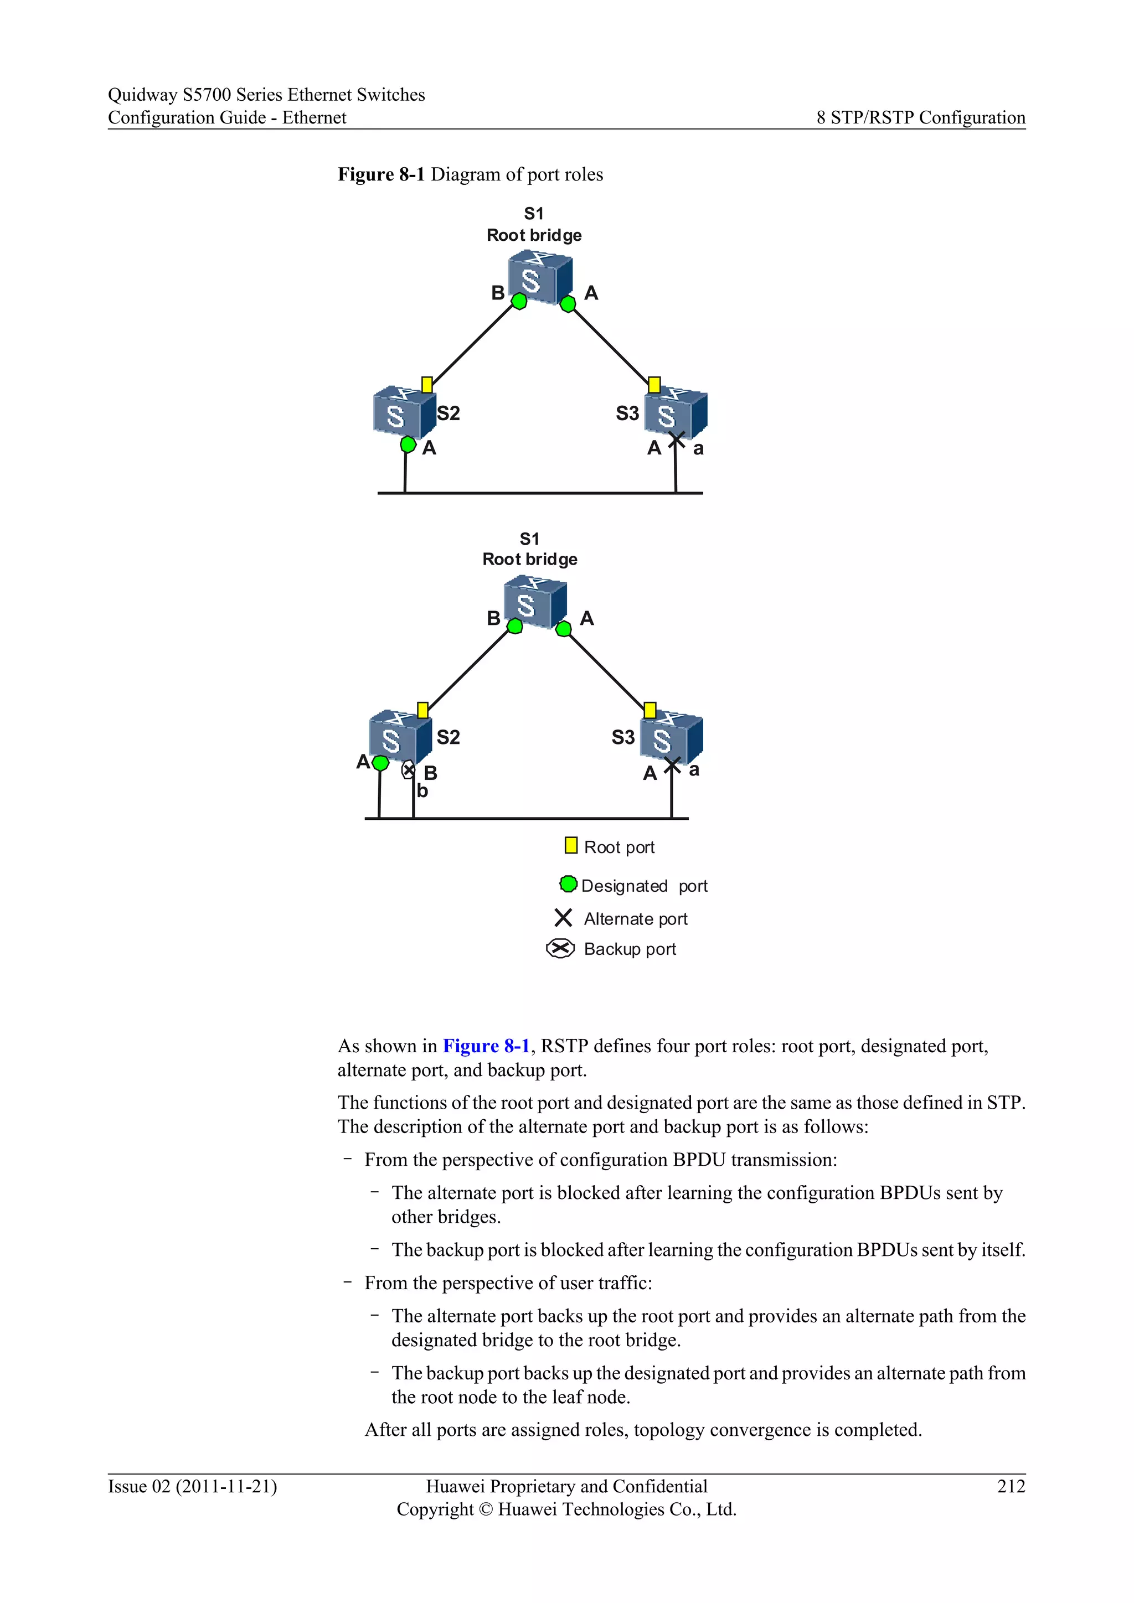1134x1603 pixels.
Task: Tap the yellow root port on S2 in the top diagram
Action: click(427, 385)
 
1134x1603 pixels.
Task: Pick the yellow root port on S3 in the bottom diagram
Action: click(650, 710)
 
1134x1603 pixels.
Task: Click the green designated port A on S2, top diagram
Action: click(409, 444)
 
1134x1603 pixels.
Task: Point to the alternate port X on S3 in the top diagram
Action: click(676, 440)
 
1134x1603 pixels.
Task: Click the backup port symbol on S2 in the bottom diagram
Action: click(409, 770)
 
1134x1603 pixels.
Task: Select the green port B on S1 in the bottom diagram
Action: click(514, 626)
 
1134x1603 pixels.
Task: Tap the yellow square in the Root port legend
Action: click(570, 845)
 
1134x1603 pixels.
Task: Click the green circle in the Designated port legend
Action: click(569, 884)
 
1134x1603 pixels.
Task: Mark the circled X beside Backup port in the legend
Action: click(560, 948)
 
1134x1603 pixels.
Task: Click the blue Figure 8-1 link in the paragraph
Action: click(486, 1046)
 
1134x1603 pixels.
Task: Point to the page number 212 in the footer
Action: click(1011, 1486)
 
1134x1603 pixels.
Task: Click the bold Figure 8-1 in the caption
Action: click(382, 174)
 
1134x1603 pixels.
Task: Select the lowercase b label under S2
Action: click(422, 791)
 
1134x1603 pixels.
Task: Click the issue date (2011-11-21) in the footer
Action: click(226, 1486)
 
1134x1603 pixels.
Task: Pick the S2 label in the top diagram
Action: click(449, 413)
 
